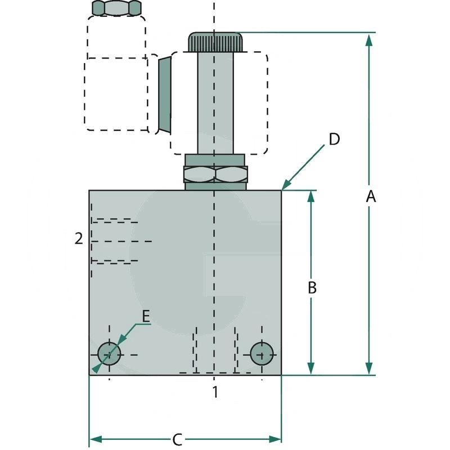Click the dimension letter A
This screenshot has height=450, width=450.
[370, 197]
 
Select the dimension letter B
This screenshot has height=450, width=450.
[313, 287]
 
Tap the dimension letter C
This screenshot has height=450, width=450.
[177, 439]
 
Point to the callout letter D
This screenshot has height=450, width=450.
[334, 139]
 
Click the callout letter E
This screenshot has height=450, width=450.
[146, 317]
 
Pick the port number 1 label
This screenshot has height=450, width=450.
[214, 392]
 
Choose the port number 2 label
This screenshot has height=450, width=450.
[79, 238]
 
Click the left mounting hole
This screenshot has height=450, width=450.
[109, 354]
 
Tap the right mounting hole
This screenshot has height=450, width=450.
[262, 353]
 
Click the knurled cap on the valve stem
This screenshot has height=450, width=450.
[215, 41]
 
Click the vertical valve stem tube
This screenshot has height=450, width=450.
[215, 101]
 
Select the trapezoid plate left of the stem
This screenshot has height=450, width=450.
[164, 94]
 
